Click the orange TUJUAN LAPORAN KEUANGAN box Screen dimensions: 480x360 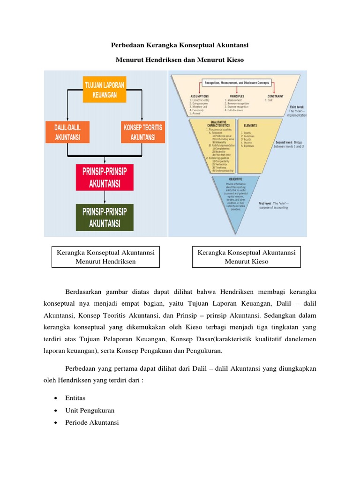(105, 90)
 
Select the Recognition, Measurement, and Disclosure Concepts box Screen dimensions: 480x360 (236, 82)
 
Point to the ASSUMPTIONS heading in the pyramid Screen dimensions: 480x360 (199, 96)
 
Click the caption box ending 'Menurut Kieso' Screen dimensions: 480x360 (247, 257)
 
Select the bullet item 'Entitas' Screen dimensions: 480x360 (75, 398)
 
